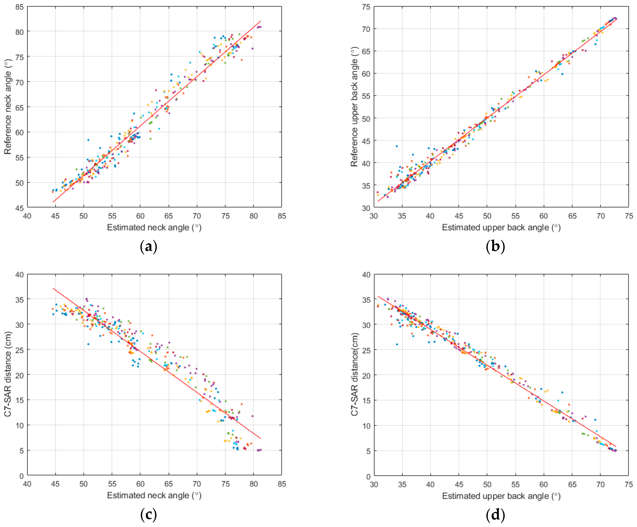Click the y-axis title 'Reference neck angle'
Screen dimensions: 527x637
(8, 107)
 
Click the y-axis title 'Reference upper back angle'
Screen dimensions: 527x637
(354, 107)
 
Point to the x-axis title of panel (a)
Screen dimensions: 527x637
(154, 227)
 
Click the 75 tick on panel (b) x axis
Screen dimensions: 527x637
(629, 216)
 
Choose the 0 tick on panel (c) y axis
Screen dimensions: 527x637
(21, 476)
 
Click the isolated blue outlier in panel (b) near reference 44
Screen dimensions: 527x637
(396, 146)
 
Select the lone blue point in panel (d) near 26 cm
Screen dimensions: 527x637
(397, 344)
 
